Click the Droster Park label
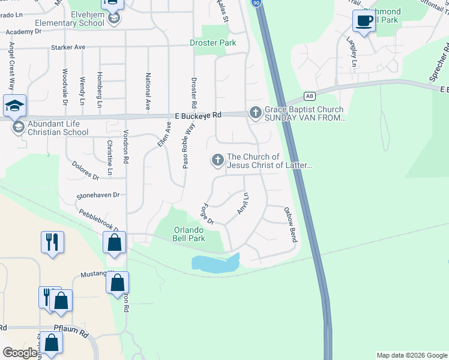[x=212, y=43]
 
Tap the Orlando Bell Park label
[x=190, y=234]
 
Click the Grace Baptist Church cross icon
[x=255, y=112]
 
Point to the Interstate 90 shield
[x=256, y=3]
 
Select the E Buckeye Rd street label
[x=199, y=115]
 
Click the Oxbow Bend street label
[x=291, y=224]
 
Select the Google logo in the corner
[x=19, y=353]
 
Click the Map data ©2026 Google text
[x=411, y=355]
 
